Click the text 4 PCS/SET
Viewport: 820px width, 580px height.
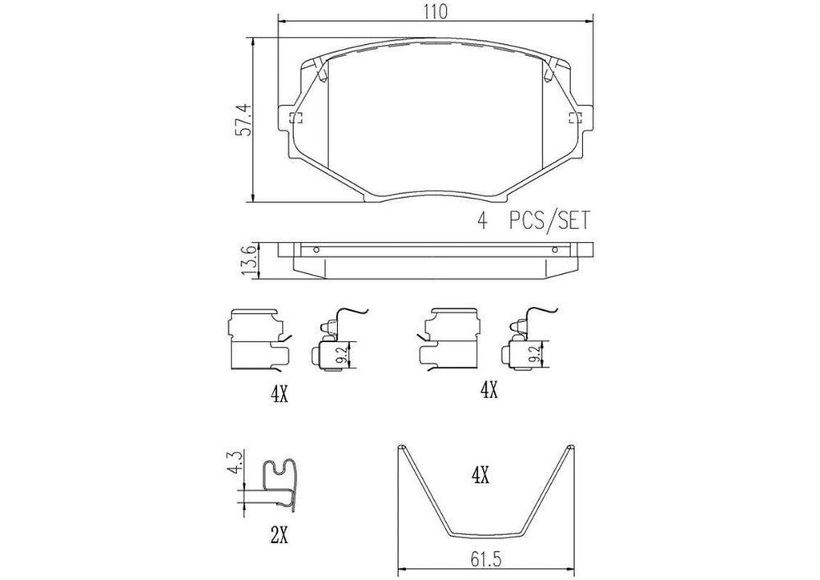click(x=532, y=221)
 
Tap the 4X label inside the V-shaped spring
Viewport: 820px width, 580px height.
click(x=480, y=477)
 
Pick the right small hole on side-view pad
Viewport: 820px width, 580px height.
click(x=554, y=249)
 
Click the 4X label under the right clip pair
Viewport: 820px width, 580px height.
click(x=488, y=391)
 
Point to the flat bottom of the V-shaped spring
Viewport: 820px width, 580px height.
click(x=487, y=535)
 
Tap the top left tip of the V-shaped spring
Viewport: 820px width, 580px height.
click(x=401, y=447)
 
